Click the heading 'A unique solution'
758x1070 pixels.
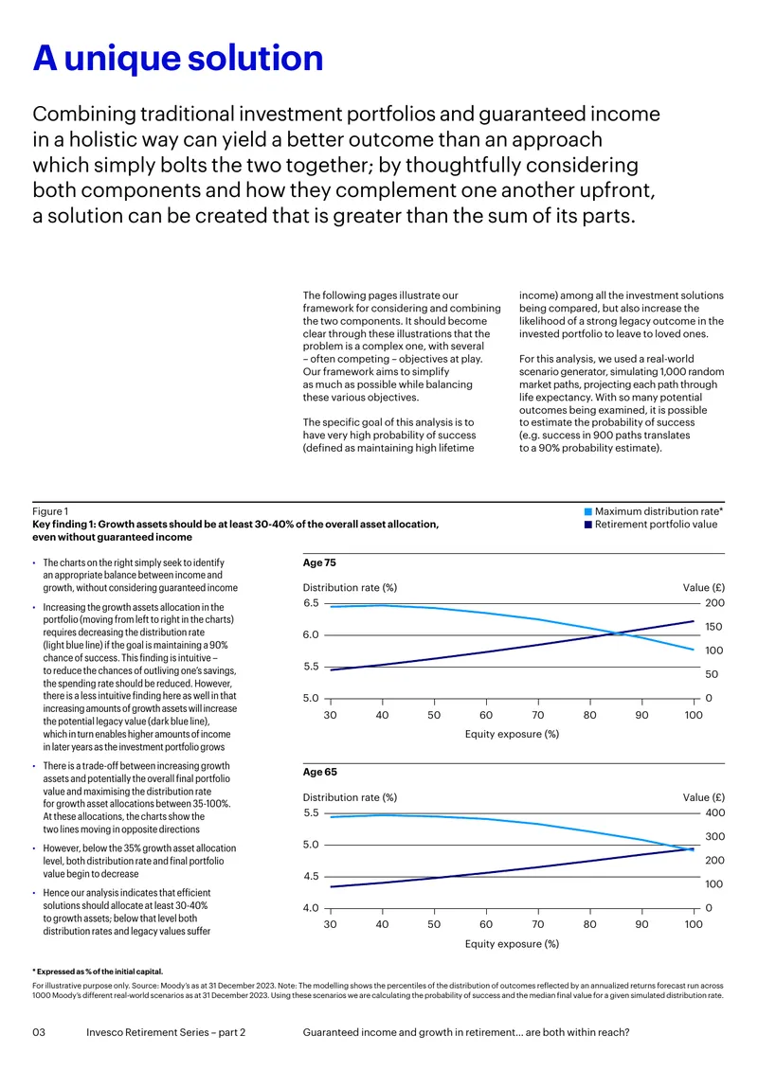click(x=177, y=58)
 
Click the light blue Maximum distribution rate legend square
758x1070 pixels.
click(x=588, y=511)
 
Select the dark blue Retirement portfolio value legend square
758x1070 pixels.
click(x=588, y=525)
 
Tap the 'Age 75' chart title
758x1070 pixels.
click(x=319, y=563)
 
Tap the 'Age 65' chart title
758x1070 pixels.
click(x=319, y=773)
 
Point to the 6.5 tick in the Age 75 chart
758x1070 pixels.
click(x=311, y=603)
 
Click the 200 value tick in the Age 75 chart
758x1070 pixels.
click(x=715, y=603)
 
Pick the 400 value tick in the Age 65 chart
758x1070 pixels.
click(x=715, y=812)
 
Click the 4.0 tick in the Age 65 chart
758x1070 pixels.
click(x=311, y=908)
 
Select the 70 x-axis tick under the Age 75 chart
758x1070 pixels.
click(x=538, y=715)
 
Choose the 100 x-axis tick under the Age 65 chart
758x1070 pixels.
click(x=694, y=924)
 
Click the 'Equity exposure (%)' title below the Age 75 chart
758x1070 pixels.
click(x=513, y=734)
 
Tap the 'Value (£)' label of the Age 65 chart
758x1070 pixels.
click(x=703, y=797)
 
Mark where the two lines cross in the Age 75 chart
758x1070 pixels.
click(x=614, y=633)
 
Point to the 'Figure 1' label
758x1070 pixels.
click(x=50, y=511)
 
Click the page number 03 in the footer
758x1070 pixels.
click(x=39, y=1032)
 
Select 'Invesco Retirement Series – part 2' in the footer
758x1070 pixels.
click(x=166, y=1032)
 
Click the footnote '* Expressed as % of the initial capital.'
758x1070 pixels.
click(x=98, y=972)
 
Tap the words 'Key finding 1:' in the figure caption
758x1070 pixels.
click(x=64, y=525)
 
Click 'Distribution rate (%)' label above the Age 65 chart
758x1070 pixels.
click(x=350, y=797)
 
